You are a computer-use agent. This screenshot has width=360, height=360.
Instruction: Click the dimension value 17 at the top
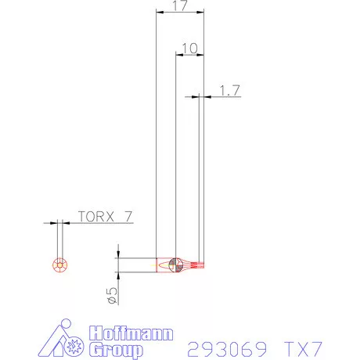179,6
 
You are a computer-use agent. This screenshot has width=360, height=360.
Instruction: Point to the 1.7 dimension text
229,90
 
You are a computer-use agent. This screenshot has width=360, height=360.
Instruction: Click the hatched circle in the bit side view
177,265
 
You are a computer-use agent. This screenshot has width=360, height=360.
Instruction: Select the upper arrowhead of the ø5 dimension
117,254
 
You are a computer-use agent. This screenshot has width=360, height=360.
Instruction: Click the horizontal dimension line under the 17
179,13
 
